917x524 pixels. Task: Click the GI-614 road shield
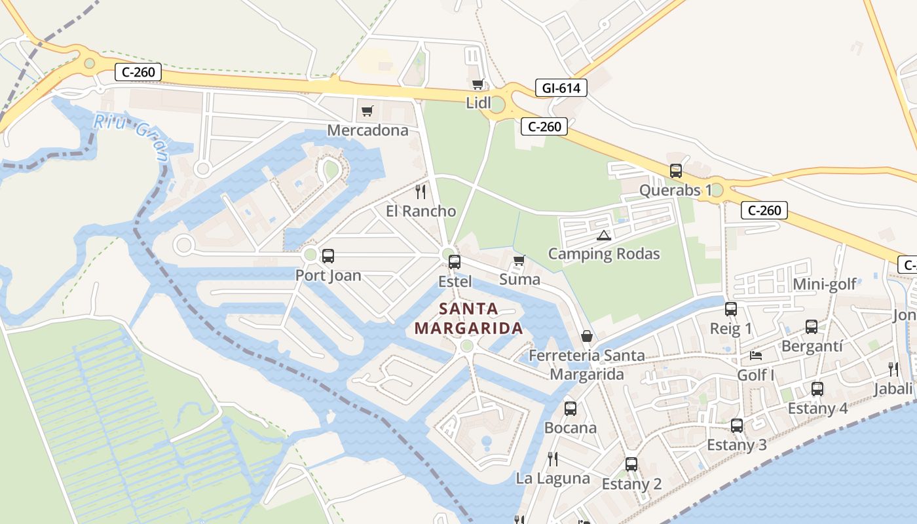561,88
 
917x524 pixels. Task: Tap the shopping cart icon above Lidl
478,84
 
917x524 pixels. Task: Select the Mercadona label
367,130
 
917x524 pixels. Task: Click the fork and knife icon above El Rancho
421,191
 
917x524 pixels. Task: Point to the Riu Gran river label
131,136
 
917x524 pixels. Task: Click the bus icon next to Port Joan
328,256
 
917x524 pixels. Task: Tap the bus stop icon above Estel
455,262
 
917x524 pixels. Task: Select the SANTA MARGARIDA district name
468,318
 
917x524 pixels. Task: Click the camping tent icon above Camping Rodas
603,235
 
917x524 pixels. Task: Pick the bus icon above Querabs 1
676,171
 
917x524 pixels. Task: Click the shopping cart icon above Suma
519,261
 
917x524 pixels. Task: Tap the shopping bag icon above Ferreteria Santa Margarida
587,336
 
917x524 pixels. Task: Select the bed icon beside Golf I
756,356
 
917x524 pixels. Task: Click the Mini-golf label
825,284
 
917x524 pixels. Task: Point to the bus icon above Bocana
571,409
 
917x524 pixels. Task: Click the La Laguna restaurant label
553,478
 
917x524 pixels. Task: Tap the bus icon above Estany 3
737,426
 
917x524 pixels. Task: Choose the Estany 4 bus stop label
817,408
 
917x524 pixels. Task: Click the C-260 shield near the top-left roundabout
138,72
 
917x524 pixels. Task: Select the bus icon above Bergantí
812,327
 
